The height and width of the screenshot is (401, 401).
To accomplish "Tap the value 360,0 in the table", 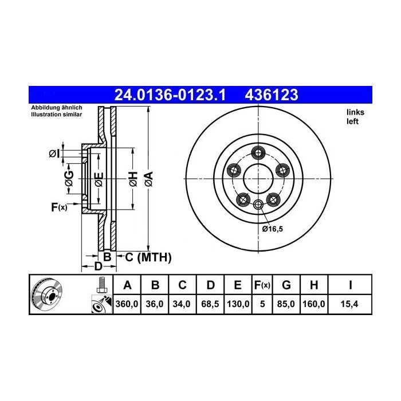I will pos(127,304).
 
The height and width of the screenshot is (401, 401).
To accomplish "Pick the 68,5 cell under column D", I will pos(211,304).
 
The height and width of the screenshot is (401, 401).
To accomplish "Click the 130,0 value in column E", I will pos(238,304).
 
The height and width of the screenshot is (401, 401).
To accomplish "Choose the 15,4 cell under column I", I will pos(349,304).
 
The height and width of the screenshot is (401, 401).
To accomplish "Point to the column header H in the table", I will pos(314,285).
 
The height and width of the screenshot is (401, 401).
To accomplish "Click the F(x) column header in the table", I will pos(263,285).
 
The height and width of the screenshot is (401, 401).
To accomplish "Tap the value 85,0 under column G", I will pos(288,304).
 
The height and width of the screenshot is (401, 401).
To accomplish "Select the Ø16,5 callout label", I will pos(273,229).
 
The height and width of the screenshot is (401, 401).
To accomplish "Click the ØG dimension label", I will pos(69,178).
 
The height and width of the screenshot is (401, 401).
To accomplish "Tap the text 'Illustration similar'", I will pos(56,115).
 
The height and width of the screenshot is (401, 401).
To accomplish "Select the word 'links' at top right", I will pos(355,112).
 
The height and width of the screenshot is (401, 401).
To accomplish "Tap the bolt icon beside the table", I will pos(101,284).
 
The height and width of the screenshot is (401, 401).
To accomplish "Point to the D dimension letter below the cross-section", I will pos(98,266).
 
